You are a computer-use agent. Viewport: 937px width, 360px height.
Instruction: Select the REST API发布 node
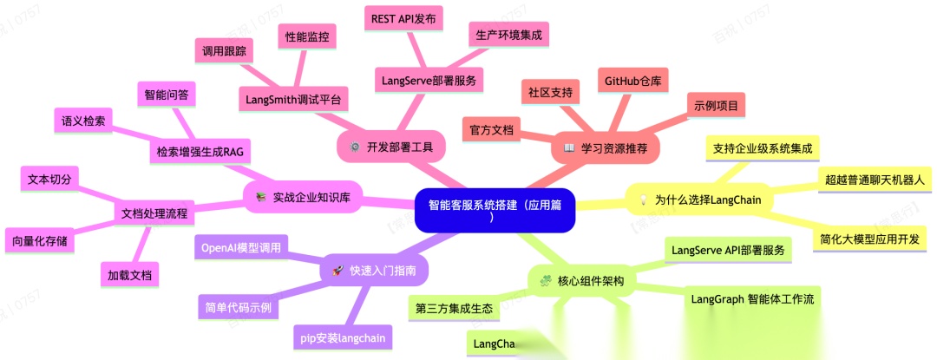(403, 17)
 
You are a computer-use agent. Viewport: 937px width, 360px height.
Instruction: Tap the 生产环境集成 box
(508, 36)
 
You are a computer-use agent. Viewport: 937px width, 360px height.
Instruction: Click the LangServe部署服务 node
(432, 81)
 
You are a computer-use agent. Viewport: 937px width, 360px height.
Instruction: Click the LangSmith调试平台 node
(293, 100)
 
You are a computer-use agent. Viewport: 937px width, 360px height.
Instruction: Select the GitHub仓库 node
(632, 81)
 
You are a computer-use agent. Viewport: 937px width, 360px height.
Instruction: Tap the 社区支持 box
(550, 91)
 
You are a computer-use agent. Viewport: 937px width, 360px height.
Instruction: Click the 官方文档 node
(491, 129)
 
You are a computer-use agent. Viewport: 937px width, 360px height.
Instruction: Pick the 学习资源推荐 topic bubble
(605, 147)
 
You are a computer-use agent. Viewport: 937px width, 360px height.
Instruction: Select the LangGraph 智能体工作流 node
(752, 298)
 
